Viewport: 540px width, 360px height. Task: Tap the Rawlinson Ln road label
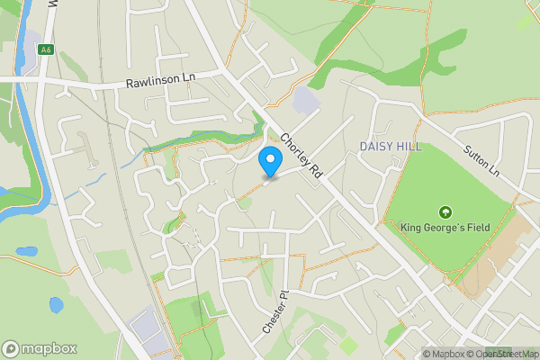(x=161, y=80)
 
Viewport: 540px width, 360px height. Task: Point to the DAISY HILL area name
(x=390, y=146)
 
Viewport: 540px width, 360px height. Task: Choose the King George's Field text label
(x=445, y=228)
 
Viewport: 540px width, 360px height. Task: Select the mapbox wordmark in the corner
(x=49, y=348)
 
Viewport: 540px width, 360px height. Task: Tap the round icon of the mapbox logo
(x=11, y=348)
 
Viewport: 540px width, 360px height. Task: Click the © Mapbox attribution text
(x=441, y=354)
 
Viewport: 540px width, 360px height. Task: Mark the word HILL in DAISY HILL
(x=407, y=146)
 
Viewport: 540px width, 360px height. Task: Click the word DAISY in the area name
(x=375, y=146)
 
